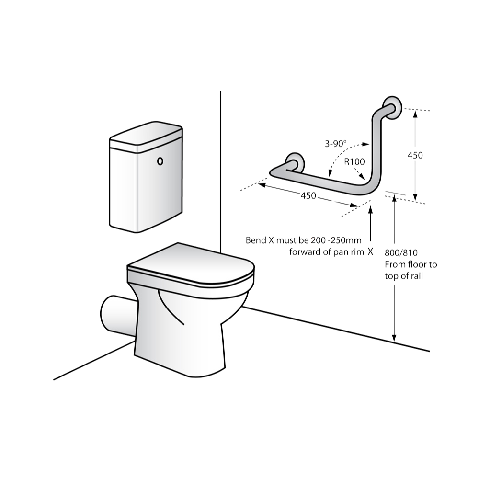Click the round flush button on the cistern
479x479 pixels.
(160, 161)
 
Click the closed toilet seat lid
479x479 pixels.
(191, 263)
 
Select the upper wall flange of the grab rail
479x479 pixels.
(393, 108)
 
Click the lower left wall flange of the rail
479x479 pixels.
(295, 163)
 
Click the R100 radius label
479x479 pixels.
(354, 161)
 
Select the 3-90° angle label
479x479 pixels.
(335, 144)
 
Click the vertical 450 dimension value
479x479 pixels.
(415, 155)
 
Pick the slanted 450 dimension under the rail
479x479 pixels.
(308, 195)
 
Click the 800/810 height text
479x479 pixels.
(401, 252)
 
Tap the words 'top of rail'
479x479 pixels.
(403, 276)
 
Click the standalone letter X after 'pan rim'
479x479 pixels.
(370, 252)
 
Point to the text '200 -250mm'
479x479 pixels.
(336, 240)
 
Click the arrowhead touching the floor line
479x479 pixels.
(394, 338)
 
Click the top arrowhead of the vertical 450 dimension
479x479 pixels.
(415, 114)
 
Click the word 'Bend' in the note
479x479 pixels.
(256, 240)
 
